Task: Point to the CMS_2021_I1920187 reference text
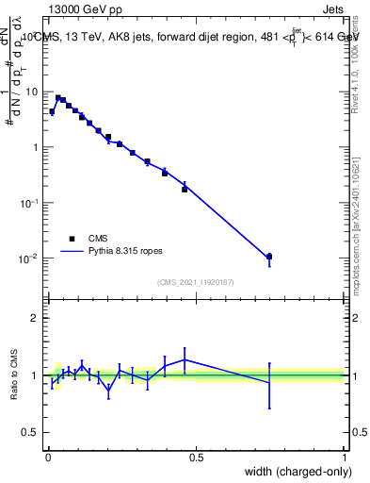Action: (x=196, y=281)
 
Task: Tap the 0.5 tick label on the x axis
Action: (x=196, y=458)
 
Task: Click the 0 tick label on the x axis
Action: (x=48, y=458)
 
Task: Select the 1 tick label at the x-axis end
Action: (x=345, y=458)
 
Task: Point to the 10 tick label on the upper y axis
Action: (x=34, y=92)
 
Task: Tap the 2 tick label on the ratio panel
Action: (x=38, y=318)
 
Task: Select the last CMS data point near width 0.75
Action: (x=269, y=257)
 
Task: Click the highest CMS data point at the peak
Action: (x=58, y=98)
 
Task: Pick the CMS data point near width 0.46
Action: (x=185, y=189)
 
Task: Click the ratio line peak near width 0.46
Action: (x=185, y=359)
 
